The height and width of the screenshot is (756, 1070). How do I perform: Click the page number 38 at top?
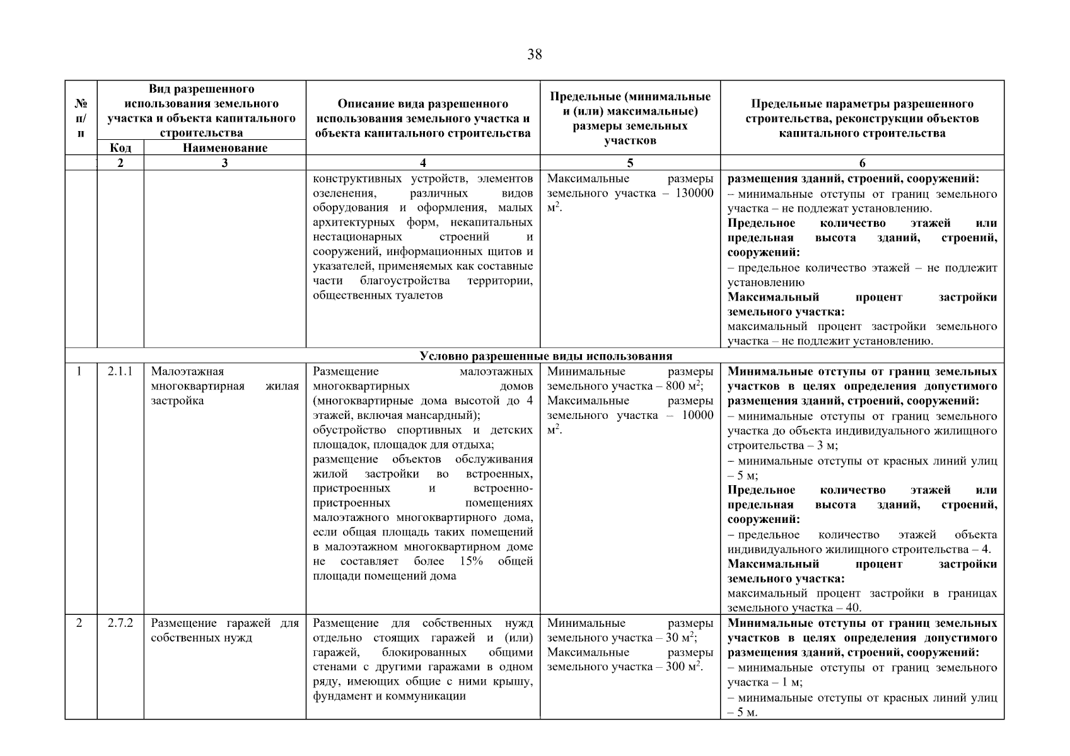534,55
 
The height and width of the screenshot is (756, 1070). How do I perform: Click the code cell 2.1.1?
120,372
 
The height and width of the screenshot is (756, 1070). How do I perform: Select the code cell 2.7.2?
120,623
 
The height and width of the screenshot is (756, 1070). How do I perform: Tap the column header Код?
120,148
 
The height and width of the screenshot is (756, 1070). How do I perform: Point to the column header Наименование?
225,148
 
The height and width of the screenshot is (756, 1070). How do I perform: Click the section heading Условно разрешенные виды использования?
546,356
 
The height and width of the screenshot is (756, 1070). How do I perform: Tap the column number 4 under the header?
422,163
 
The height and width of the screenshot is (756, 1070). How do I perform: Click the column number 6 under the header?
862,163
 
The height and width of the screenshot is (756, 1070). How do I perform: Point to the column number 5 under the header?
630,163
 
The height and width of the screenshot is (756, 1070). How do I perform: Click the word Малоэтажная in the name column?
187,372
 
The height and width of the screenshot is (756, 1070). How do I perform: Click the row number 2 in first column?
79,623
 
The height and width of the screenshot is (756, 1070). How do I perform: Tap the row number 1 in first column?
79,372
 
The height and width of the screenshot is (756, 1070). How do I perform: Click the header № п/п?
81,118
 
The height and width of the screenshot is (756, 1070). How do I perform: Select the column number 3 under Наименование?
225,163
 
